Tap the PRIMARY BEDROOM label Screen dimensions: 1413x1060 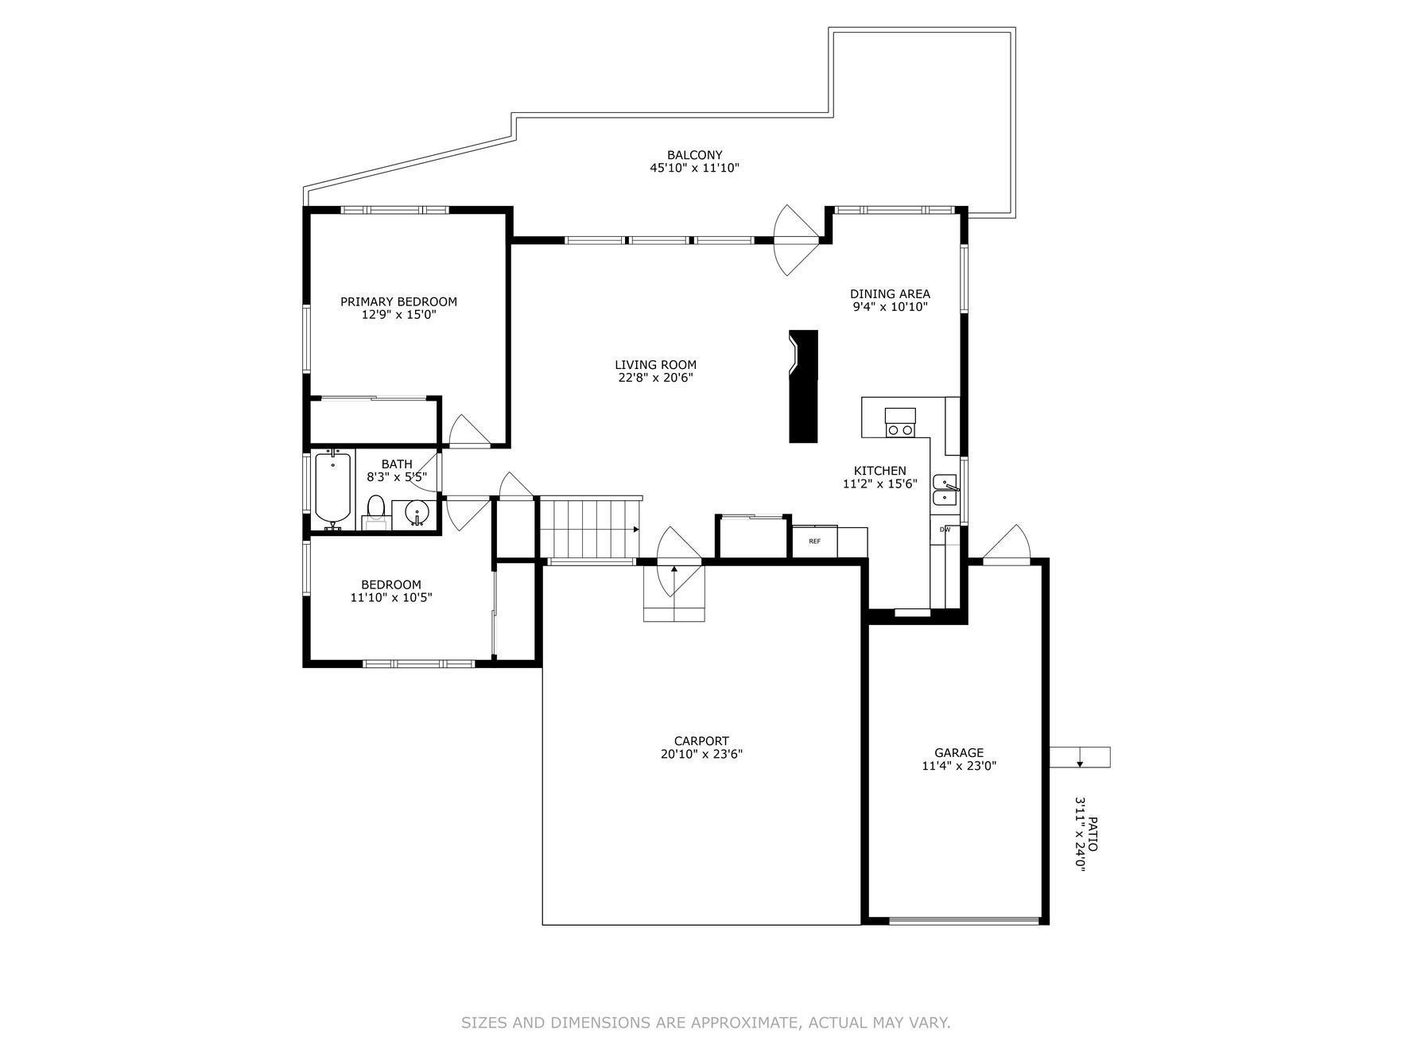(x=398, y=301)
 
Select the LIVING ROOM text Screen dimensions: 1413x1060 (x=655, y=365)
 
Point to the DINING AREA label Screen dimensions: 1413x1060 (x=890, y=293)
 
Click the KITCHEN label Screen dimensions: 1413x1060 (x=879, y=471)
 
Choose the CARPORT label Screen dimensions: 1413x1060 (x=701, y=741)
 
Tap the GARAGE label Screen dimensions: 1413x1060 (x=958, y=752)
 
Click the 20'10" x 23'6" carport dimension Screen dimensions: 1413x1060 (x=701, y=754)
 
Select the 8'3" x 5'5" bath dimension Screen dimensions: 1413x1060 (x=397, y=477)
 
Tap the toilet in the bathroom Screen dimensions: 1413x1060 (x=375, y=511)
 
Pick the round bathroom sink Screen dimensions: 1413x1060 (x=416, y=512)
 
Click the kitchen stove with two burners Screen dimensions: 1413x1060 (x=900, y=422)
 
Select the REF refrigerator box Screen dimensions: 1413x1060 (x=814, y=542)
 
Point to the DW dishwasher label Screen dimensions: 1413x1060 (x=945, y=530)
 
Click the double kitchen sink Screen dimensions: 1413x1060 (x=945, y=489)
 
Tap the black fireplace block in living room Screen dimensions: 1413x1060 (x=803, y=386)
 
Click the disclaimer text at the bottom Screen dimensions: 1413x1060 (x=706, y=1023)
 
